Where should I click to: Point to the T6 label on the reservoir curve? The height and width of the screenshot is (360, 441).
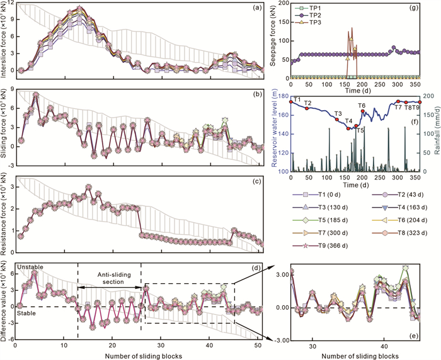362,106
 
